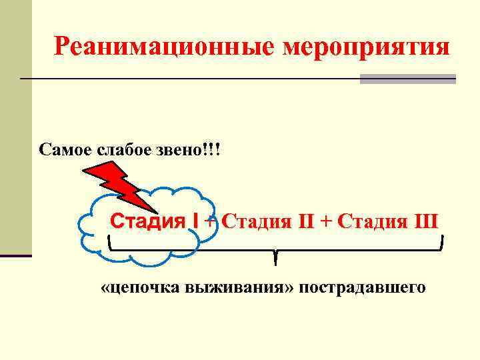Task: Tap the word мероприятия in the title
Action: [366, 47]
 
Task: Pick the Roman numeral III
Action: [425, 221]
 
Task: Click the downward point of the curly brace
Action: [274, 260]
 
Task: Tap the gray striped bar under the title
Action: [408, 79]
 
